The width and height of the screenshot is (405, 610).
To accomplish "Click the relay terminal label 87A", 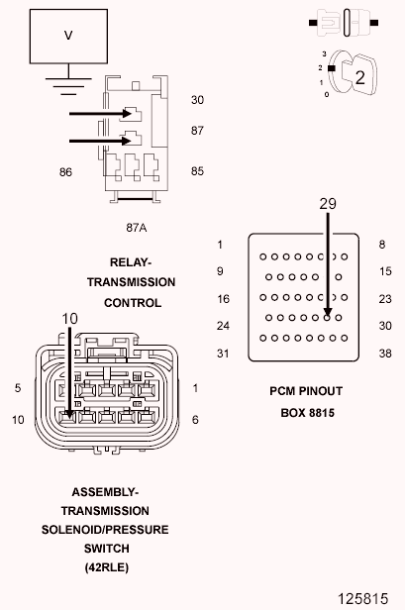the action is click(x=137, y=228).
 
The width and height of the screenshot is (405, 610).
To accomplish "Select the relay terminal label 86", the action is click(x=65, y=172).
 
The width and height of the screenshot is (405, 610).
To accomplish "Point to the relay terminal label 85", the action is click(x=197, y=171).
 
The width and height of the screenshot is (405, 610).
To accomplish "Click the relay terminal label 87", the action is click(x=197, y=131).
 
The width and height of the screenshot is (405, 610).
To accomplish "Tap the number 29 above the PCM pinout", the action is click(x=328, y=203).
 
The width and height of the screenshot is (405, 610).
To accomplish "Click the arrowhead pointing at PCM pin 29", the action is click(x=328, y=312).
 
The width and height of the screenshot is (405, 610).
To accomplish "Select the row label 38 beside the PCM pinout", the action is click(x=385, y=354).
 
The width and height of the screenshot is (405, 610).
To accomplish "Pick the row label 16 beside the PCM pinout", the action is click(x=224, y=299).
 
